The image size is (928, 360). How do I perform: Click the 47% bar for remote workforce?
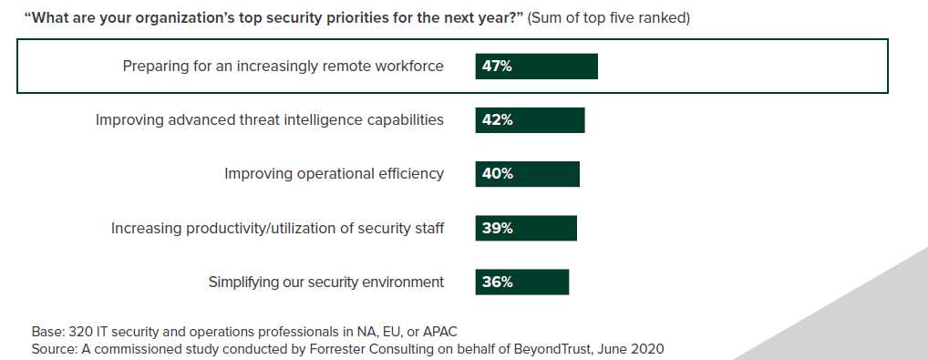point(536,67)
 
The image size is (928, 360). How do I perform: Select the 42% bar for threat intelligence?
point(530,120)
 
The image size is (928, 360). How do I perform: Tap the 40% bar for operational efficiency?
point(527,174)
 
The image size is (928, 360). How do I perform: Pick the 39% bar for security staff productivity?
point(526,228)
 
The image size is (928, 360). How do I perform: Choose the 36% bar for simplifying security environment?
point(521,282)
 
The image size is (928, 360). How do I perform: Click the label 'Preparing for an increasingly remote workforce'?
point(284,67)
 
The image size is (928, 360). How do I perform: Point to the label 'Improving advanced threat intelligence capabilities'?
point(270,120)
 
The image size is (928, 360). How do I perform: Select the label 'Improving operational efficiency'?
point(335,174)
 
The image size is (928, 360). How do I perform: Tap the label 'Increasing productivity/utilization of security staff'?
point(278,228)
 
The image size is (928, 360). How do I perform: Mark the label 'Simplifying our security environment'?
point(326,282)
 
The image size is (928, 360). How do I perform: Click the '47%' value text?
point(497,67)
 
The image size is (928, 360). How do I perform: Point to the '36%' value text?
point(497,282)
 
